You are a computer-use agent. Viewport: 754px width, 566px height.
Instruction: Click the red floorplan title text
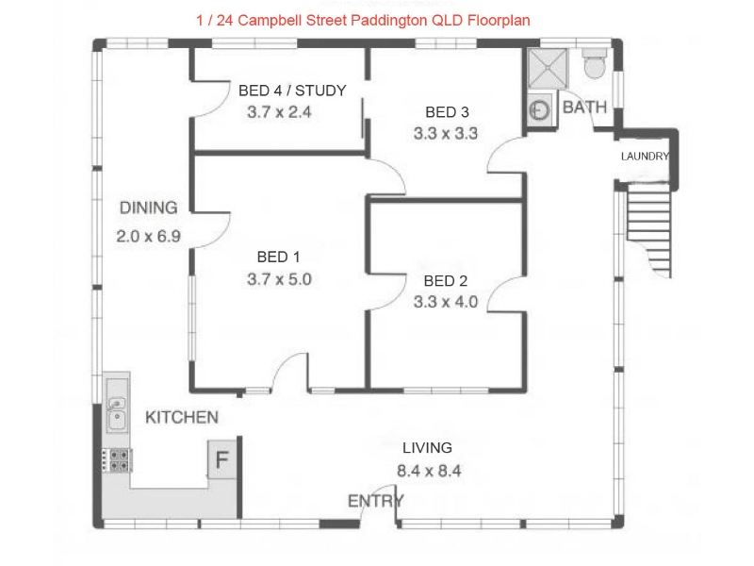[x=363, y=20]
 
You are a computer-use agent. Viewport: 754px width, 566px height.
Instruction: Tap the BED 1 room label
[x=278, y=257]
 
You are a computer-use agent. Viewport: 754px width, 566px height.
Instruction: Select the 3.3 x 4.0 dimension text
[x=445, y=302]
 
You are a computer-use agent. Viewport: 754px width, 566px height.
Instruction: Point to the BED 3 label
[x=447, y=112]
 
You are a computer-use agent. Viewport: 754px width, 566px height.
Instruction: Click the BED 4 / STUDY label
[x=292, y=91]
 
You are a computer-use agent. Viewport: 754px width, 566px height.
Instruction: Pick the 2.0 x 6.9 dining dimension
[x=148, y=236]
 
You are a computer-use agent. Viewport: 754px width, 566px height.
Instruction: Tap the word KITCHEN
[x=182, y=417]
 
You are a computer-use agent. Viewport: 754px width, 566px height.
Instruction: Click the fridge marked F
[x=221, y=459]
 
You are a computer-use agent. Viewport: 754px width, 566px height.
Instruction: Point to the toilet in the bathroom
[x=595, y=62]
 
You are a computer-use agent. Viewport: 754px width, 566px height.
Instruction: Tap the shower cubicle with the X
[x=548, y=68]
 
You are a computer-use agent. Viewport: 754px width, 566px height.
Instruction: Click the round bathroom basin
[x=539, y=110]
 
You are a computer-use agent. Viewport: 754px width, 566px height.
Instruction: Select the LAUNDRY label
[x=645, y=157]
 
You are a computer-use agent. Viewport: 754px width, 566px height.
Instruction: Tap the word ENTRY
[x=375, y=501]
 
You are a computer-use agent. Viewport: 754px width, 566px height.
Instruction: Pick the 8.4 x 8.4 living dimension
[x=429, y=470]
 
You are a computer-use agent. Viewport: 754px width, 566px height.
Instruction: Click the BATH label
[x=584, y=107]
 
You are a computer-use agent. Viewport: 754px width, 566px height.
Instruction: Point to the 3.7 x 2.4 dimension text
[x=279, y=112]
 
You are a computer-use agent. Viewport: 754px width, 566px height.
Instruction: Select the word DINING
[x=149, y=208]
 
